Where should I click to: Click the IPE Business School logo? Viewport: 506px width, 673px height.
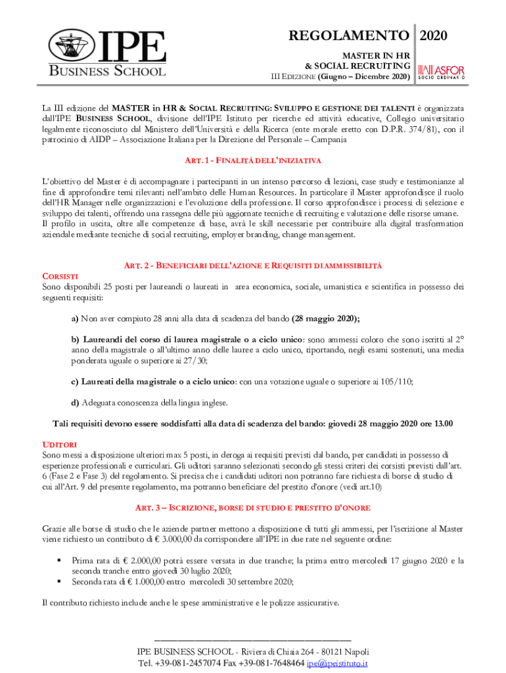click(106, 53)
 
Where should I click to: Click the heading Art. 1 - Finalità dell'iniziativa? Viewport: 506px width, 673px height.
click(252, 161)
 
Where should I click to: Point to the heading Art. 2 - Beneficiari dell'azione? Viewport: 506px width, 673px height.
click(252, 265)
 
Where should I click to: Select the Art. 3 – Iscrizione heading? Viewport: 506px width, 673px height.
click(252, 508)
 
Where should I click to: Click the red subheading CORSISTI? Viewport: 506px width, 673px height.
click(60, 276)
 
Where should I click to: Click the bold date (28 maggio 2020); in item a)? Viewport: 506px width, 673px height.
click(325, 319)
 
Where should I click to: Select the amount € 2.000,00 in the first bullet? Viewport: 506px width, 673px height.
click(143, 561)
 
